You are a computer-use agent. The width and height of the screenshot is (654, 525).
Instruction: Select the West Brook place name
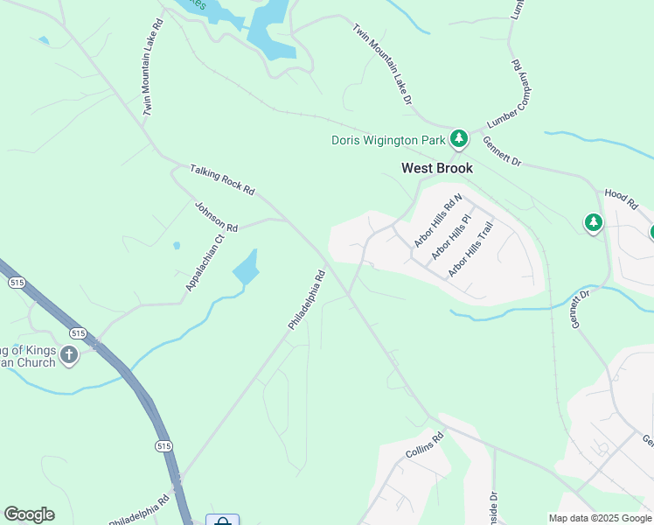437,168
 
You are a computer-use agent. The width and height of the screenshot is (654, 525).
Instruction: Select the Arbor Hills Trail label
471,249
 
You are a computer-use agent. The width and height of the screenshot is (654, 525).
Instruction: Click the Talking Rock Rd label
222,178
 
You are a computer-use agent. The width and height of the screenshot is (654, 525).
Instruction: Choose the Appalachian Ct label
205,262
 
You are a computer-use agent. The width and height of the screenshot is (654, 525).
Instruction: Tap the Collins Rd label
425,445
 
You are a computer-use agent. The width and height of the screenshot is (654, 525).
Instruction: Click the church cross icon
69,354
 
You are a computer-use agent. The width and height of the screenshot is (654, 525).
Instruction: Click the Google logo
29,514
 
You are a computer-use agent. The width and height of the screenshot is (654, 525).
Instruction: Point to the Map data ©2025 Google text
600,518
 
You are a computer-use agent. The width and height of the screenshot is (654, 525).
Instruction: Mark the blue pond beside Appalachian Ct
247,268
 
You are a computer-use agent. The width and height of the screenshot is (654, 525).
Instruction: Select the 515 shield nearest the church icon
78,333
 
